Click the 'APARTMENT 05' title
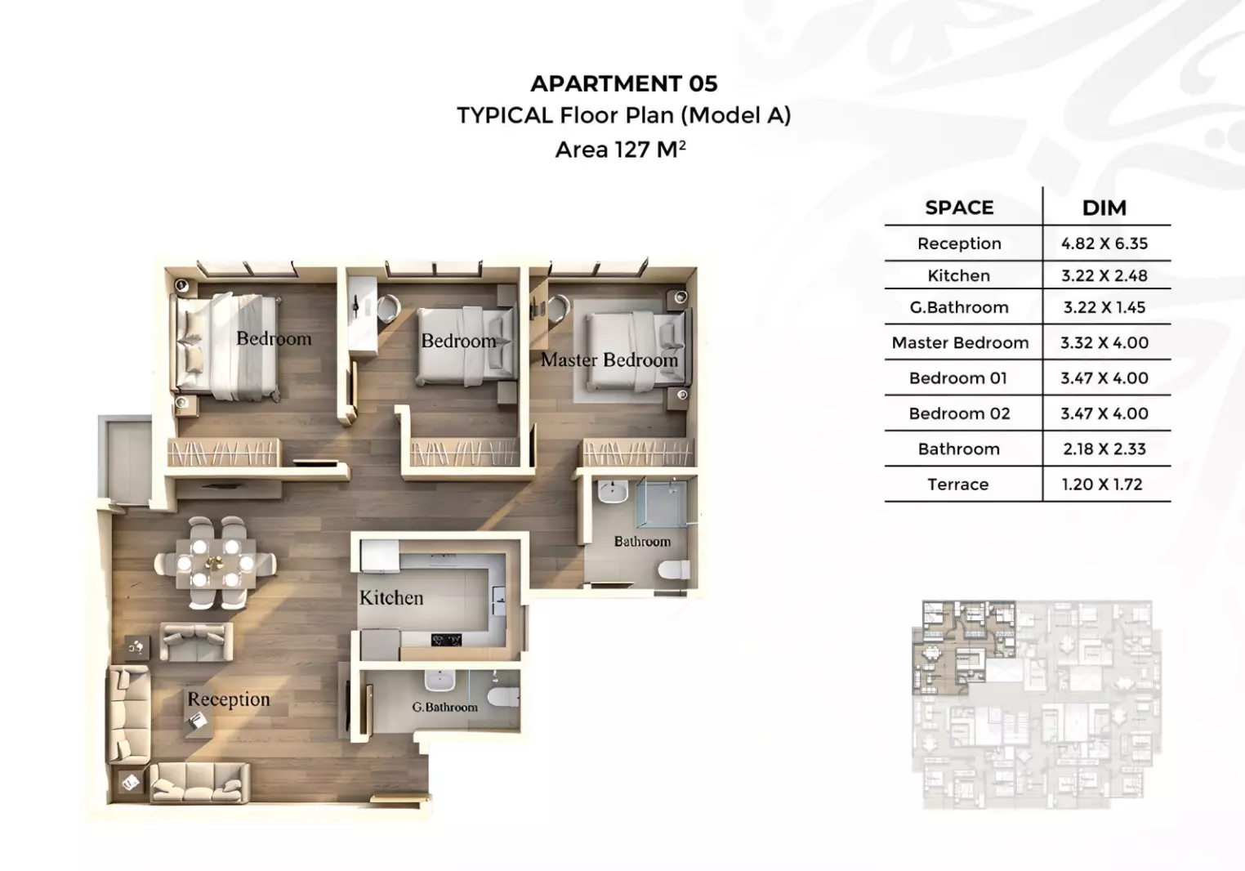[x=623, y=83]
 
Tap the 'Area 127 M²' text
[x=620, y=149]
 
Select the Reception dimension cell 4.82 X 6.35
[x=1104, y=243]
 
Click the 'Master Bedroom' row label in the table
[x=960, y=342]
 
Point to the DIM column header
[x=1104, y=208]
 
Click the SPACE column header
[x=959, y=208]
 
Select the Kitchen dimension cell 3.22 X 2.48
[x=1104, y=275]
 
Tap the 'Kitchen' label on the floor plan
[x=391, y=598]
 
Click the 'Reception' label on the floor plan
[x=229, y=699]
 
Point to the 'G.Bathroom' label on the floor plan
[x=444, y=707]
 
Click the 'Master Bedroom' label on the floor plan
[x=609, y=360]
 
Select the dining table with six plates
[x=216, y=563]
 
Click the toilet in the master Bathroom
[x=674, y=569]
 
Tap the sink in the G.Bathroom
[x=440, y=680]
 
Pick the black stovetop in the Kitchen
[x=446, y=641]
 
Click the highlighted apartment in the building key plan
[x=963, y=647]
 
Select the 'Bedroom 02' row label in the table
[x=959, y=413]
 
